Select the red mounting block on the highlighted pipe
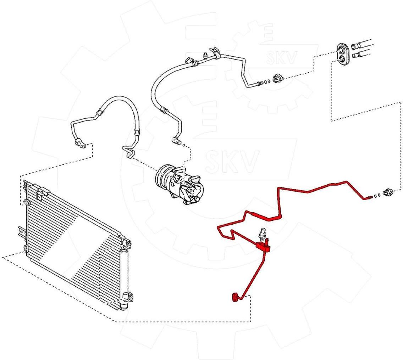pos(264,246)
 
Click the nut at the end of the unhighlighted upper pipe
pos(277,78)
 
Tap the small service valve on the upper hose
pos(205,56)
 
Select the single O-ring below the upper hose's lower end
pos(183,144)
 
